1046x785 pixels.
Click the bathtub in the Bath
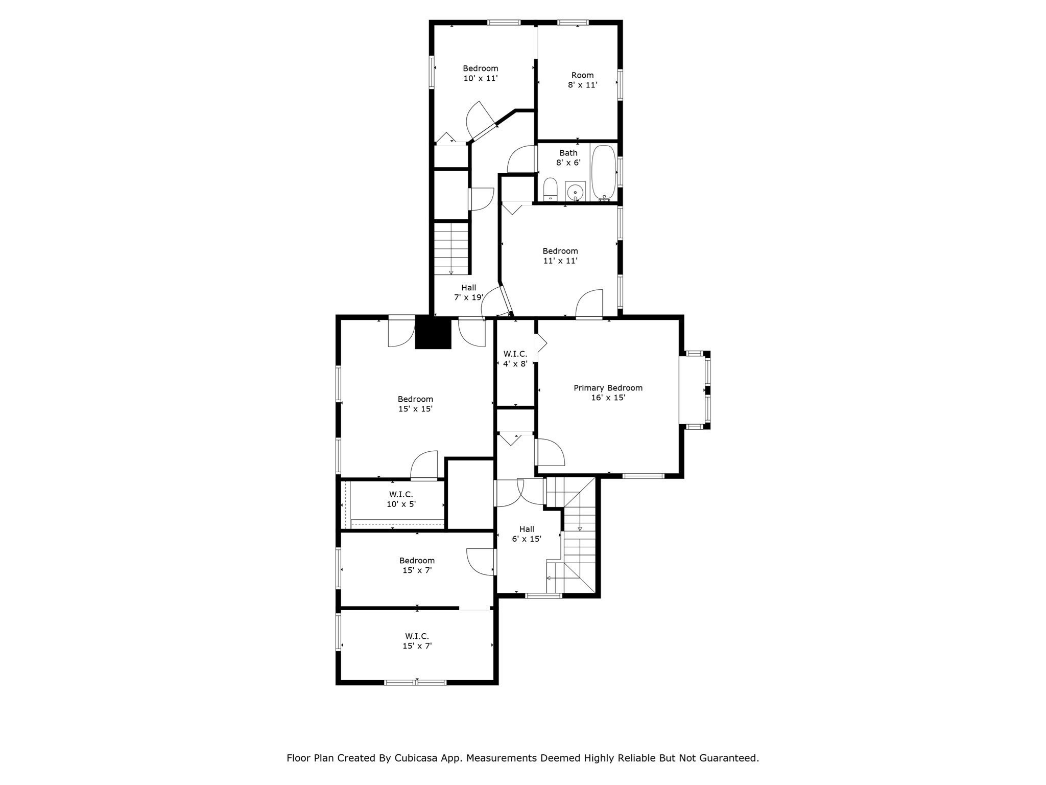click(603, 173)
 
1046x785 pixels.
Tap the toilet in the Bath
click(550, 189)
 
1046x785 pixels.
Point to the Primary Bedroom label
click(608, 388)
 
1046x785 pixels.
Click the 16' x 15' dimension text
click(608, 398)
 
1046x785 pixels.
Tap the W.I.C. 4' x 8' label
click(515, 359)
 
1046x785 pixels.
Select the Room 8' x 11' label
click(582, 80)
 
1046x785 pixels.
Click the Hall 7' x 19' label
click(468, 292)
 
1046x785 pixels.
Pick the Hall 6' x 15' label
click(527, 534)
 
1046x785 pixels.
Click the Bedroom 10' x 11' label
click(480, 73)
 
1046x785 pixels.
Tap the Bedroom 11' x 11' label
click(560, 256)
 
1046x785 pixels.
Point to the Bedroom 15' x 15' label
click(415, 404)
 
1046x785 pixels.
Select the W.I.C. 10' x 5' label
click(401, 499)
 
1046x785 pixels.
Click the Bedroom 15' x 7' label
click(417, 565)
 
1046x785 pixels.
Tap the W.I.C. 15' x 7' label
click(417, 641)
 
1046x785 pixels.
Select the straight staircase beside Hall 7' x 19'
click(451, 249)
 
